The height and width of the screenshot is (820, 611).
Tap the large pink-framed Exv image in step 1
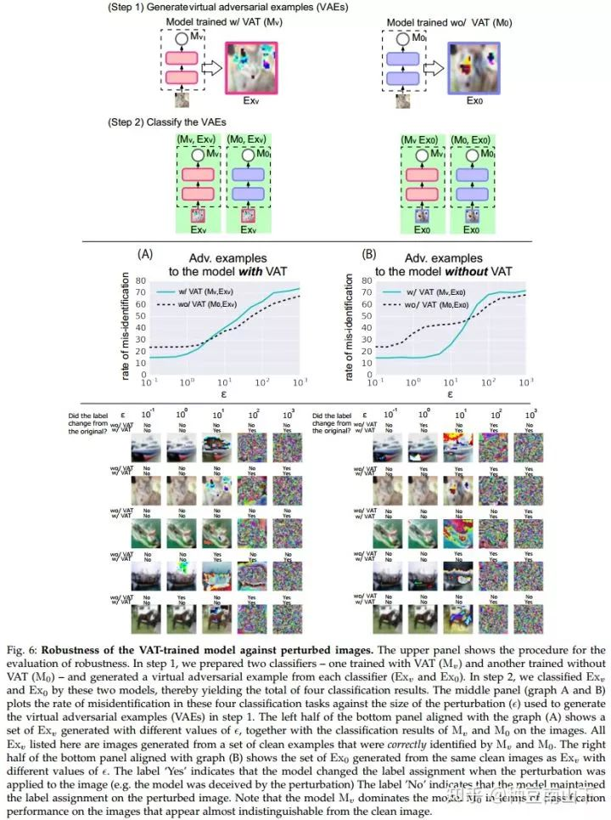(250, 70)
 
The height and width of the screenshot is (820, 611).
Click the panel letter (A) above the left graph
(145, 253)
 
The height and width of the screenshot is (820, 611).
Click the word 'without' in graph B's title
(468, 272)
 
